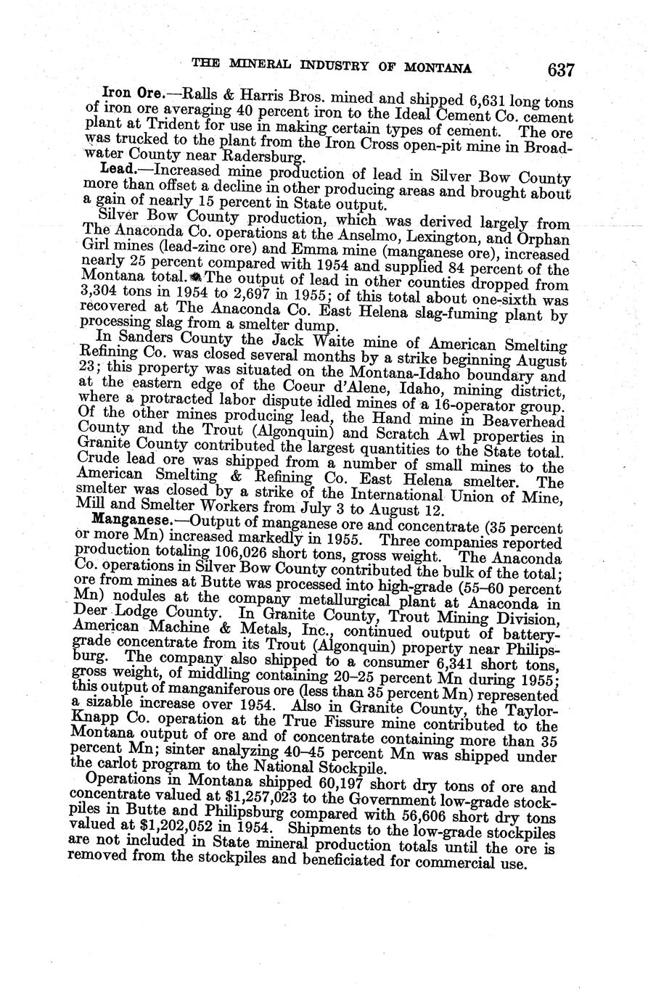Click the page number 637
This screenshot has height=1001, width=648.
pyautogui.click(x=560, y=70)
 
